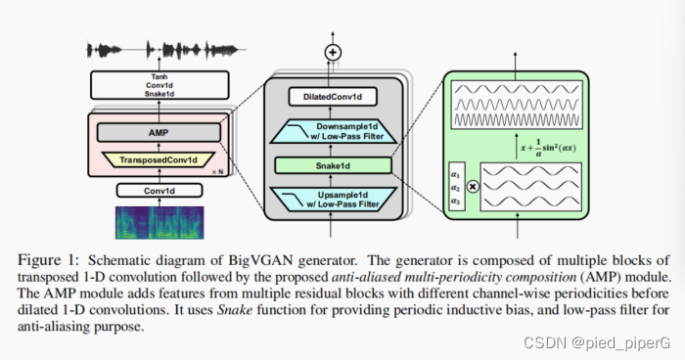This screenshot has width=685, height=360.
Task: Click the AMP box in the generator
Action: point(158,132)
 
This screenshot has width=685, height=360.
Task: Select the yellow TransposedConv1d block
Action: point(158,158)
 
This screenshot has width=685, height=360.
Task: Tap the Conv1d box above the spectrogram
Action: point(158,190)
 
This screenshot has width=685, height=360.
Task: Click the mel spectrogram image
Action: point(157,223)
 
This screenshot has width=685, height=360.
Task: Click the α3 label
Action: point(455,202)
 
